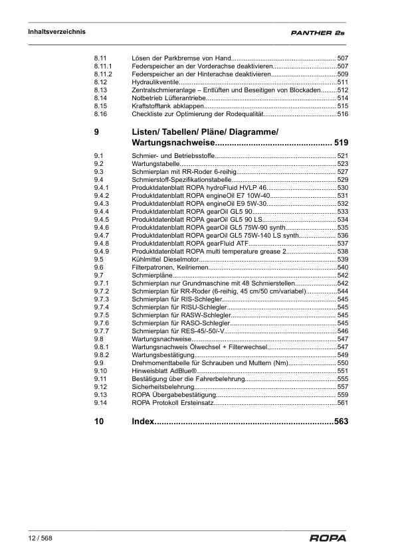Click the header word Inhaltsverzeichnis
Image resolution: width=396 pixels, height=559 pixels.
tap(56, 31)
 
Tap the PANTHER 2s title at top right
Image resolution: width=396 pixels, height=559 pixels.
tap(317, 33)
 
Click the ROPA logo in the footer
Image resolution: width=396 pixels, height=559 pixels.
tap(328, 539)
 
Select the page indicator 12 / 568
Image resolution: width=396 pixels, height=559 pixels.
tap(40, 538)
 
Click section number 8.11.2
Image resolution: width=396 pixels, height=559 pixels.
tap(104, 74)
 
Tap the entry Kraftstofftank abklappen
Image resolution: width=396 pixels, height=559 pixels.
tap(167, 106)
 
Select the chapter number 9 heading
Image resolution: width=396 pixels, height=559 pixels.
tap(96, 132)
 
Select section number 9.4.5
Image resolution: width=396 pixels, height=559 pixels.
tap(102, 219)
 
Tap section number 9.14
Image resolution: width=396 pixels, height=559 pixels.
tap(100, 402)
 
